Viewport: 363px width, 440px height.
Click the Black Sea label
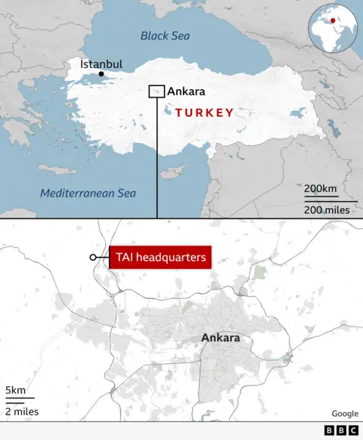click(x=165, y=36)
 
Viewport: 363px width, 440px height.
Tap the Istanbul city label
click(x=101, y=64)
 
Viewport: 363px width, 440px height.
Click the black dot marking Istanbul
click(x=101, y=74)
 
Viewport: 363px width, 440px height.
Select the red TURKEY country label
click(x=204, y=113)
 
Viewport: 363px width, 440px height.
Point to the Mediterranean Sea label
click(x=88, y=194)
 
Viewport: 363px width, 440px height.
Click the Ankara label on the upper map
click(x=186, y=91)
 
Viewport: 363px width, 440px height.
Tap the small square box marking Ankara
click(x=157, y=91)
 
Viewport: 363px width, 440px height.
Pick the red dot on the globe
click(x=330, y=20)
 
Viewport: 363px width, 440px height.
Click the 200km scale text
click(x=321, y=188)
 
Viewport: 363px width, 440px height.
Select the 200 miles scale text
click(x=327, y=209)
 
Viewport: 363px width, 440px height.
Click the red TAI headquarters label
click(x=160, y=258)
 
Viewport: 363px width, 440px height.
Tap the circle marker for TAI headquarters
click(x=93, y=258)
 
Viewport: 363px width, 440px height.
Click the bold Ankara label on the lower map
click(x=221, y=338)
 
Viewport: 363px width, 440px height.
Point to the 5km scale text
click(x=15, y=390)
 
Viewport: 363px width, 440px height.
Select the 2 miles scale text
click(x=21, y=412)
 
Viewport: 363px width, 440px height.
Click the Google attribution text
click(x=345, y=414)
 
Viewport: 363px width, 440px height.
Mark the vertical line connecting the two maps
click(x=157, y=159)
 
